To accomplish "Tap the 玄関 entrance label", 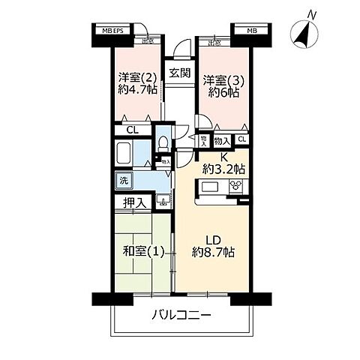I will pyautogui.click(x=178, y=73).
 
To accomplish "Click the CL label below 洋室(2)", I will pyautogui.click(x=131, y=130).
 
